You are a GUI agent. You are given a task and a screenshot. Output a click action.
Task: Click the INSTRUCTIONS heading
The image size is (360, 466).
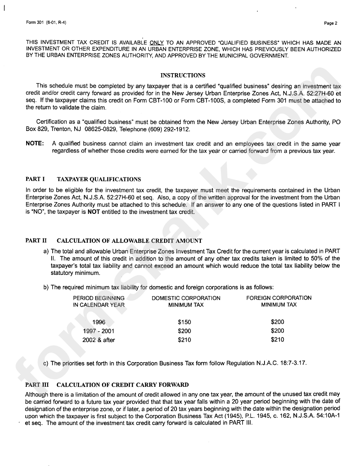[x=183, y=75]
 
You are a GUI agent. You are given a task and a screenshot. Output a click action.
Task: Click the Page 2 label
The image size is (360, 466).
[x=331, y=23]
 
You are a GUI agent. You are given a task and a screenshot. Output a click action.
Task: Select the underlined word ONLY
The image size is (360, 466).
[x=157, y=43]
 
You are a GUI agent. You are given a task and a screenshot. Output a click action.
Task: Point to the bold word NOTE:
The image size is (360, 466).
[x=34, y=144]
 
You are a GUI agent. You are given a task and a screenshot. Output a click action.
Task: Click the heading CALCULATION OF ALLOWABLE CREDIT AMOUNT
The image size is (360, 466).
[x=129, y=241]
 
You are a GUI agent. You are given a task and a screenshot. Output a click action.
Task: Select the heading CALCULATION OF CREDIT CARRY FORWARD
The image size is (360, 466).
[x=122, y=385]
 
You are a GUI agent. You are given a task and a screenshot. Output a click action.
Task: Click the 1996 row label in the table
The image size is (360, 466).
[x=99, y=322]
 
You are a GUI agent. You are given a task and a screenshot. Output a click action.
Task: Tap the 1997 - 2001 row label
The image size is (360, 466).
[x=99, y=331]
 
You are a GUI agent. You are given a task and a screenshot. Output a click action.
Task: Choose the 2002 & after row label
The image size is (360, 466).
[x=99, y=340]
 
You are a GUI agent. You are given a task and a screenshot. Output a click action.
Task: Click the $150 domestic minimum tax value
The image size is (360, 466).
[x=185, y=322]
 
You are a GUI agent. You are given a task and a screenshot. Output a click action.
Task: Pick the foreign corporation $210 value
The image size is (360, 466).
[x=277, y=340]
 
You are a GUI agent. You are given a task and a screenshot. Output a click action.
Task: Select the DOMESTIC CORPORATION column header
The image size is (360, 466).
[x=186, y=298]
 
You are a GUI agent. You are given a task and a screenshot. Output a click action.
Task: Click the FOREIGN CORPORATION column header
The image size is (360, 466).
[x=279, y=298]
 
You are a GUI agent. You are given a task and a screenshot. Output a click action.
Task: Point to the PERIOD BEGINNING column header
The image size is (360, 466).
[x=99, y=298]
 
